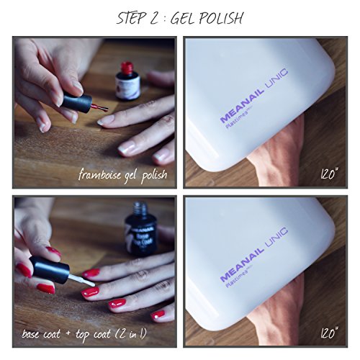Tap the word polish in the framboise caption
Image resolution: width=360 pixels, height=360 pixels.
pyautogui.click(x=152, y=174)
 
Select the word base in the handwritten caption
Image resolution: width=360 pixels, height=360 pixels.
pyautogui.click(x=34, y=333)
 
